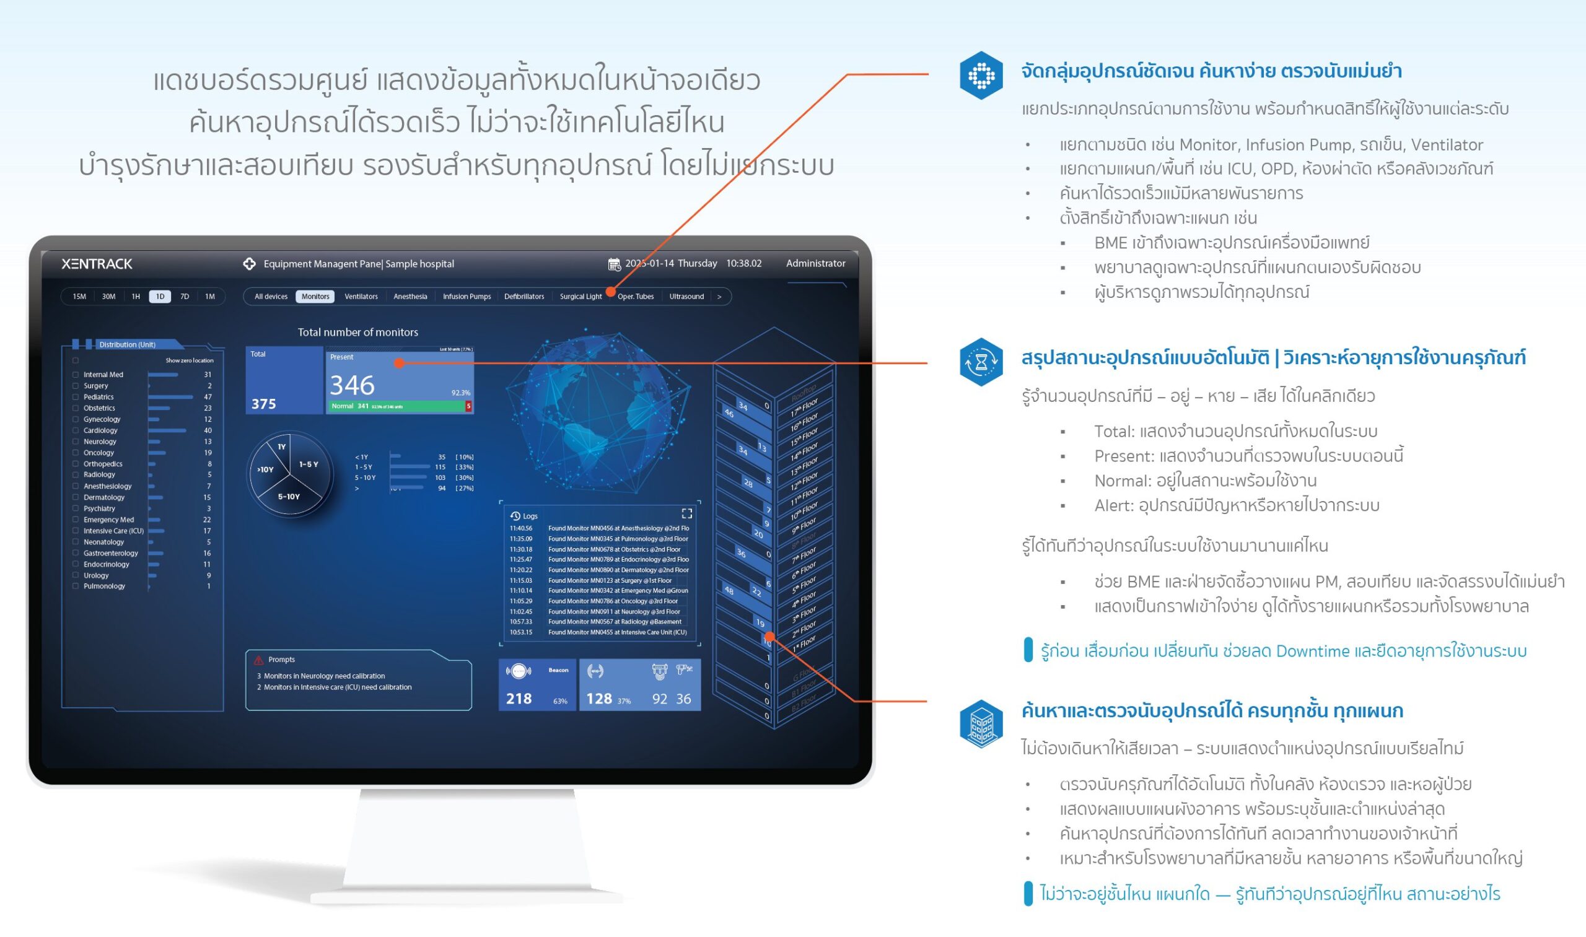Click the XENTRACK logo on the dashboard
(x=97, y=264)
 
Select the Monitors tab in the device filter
(x=315, y=297)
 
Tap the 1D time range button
(x=160, y=297)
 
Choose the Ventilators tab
(x=361, y=297)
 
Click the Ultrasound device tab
(x=686, y=297)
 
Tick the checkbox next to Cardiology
(x=76, y=430)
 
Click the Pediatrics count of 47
(x=207, y=397)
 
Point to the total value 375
(x=263, y=404)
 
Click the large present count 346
(x=352, y=385)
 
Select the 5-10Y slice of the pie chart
(x=289, y=497)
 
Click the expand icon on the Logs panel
(x=686, y=513)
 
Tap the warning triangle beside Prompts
(x=258, y=660)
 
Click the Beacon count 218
(x=519, y=699)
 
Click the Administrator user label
(x=815, y=263)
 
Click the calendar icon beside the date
(x=613, y=264)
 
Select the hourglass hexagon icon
(x=980, y=362)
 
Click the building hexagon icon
(x=980, y=723)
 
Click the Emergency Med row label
(x=108, y=520)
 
